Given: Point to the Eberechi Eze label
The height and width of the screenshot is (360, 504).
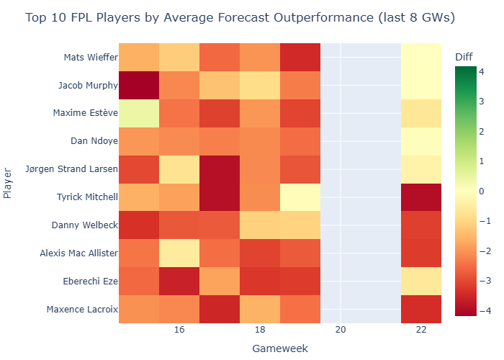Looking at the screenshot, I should [89, 281].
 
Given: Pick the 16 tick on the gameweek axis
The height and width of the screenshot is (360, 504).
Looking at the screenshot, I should [180, 329].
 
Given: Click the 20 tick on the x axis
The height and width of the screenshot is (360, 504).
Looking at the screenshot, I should [341, 329].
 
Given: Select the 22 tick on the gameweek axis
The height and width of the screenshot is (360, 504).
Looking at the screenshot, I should [422, 329].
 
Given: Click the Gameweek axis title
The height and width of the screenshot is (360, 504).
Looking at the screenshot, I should [280, 348].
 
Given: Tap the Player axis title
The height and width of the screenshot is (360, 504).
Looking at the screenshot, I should [8, 184].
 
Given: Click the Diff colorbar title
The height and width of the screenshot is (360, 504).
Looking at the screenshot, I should [465, 57].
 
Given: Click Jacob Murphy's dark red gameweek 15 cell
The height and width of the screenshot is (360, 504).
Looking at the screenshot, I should [139, 86].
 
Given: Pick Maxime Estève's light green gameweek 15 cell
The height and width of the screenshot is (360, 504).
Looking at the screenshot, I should [139, 113].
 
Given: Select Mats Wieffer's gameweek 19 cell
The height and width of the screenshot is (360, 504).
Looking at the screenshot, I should [300, 58].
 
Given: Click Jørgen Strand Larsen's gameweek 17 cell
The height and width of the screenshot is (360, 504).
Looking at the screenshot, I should [220, 169].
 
